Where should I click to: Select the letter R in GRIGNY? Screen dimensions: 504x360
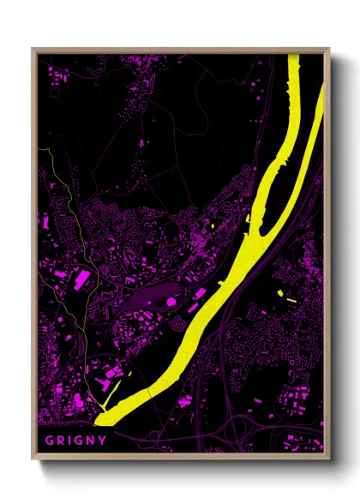(x=60, y=441)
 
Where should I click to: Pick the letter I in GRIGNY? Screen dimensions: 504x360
(x=69, y=441)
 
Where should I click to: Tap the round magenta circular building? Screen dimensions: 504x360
(x=171, y=302)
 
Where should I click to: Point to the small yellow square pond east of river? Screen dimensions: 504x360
(x=279, y=293)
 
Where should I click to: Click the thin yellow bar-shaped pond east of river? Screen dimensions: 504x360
(x=291, y=301)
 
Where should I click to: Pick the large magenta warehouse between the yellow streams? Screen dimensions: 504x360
(x=81, y=279)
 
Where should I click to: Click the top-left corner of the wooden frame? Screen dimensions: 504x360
(x=33, y=49)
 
